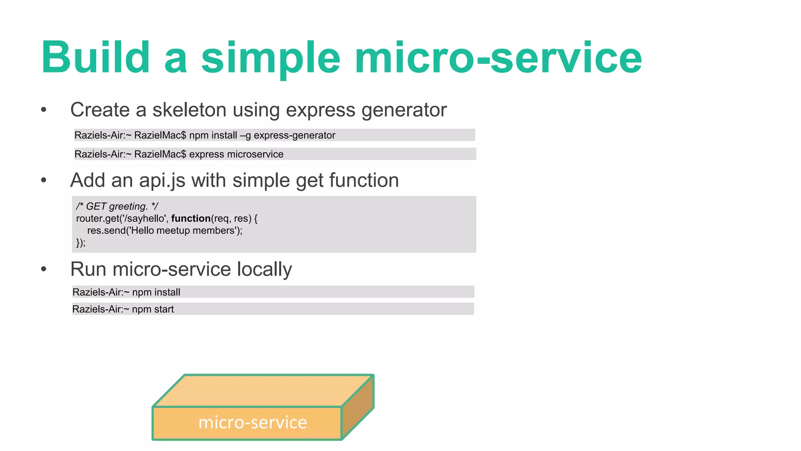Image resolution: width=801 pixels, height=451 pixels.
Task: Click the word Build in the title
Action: [x=95, y=58]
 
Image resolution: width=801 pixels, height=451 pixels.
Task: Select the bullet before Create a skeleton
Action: [x=44, y=110]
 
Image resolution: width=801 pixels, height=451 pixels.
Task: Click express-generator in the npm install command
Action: [x=294, y=135]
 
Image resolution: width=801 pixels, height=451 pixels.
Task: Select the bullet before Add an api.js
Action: [x=44, y=180]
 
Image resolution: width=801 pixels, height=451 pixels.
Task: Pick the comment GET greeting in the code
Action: [x=117, y=206]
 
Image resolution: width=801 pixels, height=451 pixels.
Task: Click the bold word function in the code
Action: [x=191, y=218]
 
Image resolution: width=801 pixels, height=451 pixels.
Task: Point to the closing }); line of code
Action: [x=81, y=243]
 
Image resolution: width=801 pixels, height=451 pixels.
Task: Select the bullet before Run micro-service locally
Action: [x=44, y=269]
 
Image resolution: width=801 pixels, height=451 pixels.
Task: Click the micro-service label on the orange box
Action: [x=253, y=423]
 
